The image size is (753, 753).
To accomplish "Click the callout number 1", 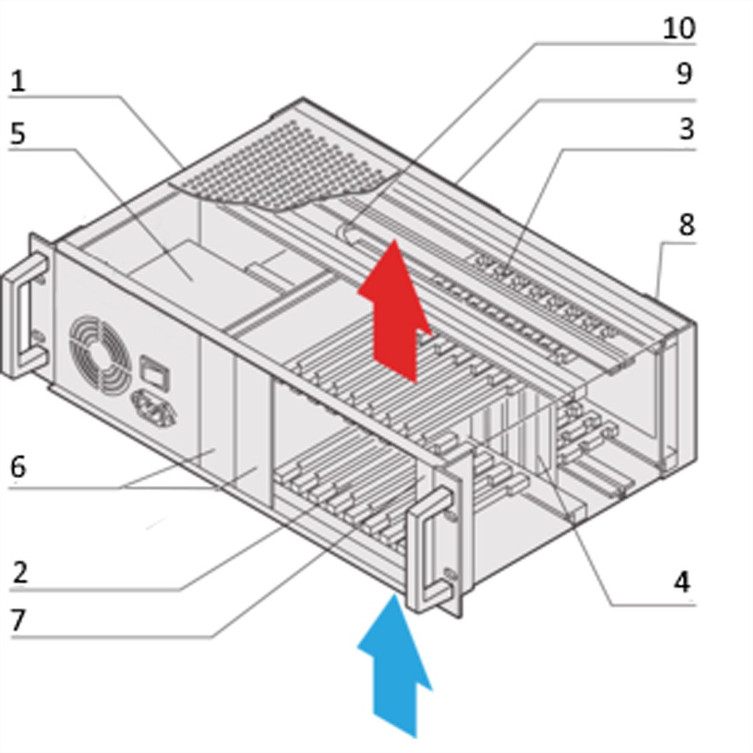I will (x=18, y=82).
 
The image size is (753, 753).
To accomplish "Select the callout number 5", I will (x=18, y=133).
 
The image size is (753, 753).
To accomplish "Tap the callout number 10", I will (x=678, y=28).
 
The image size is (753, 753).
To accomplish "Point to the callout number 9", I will (x=684, y=74).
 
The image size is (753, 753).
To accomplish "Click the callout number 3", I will (x=686, y=129).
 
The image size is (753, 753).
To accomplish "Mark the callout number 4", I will (x=682, y=582).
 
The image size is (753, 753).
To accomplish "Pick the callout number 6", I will (x=18, y=467).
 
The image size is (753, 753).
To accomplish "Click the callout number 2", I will (x=19, y=572).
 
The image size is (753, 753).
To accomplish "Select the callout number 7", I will (x=18, y=620).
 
